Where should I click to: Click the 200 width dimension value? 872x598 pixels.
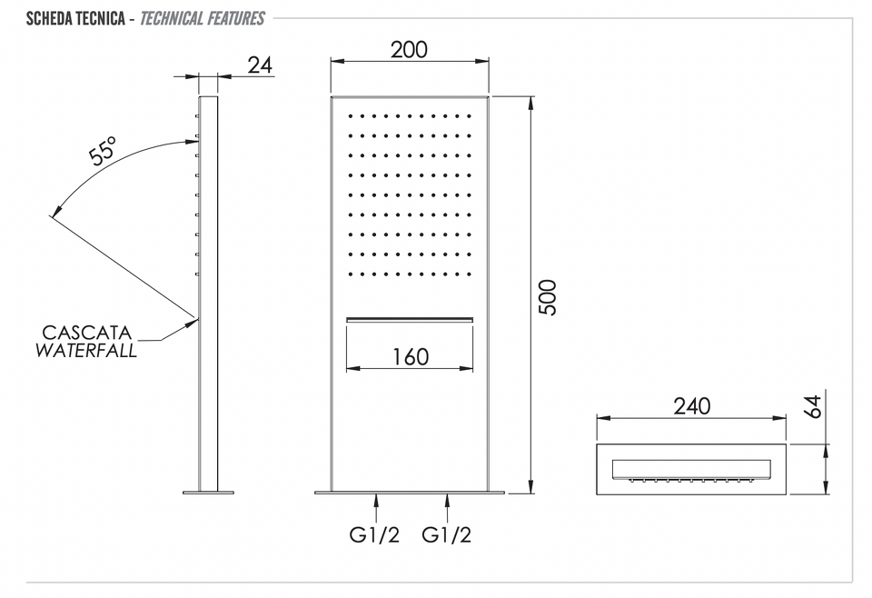coord(410,50)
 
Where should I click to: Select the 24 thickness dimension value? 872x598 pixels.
coord(261,65)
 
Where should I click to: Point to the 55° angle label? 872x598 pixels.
coord(104,150)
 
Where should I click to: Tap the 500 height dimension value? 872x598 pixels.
coord(548,297)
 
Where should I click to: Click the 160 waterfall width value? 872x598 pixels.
coord(411,357)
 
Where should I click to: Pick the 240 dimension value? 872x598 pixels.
coord(692,406)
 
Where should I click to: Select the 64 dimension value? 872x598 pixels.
coord(812,406)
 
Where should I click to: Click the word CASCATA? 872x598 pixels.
coord(87,333)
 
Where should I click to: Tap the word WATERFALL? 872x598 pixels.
coord(86,351)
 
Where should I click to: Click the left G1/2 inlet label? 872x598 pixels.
coord(374,534)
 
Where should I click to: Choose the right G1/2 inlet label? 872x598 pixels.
coord(446,534)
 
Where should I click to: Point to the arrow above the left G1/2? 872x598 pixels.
coord(376,508)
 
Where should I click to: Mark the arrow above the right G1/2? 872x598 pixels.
coord(447,508)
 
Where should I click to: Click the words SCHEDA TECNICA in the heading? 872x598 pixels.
coord(75,18)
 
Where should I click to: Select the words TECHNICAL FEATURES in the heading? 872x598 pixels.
coord(202,18)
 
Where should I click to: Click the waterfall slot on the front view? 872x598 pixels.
coord(410,320)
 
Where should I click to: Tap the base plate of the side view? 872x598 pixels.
coord(209,493)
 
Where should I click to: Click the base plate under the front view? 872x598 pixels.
coord(410,493)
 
